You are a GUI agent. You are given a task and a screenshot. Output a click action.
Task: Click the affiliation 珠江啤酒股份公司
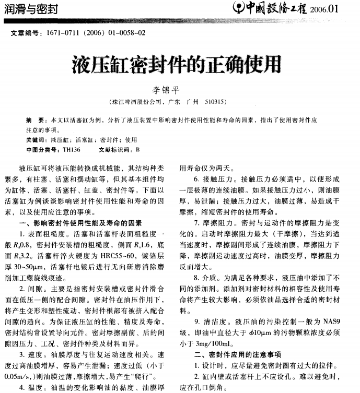click(137, 101)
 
